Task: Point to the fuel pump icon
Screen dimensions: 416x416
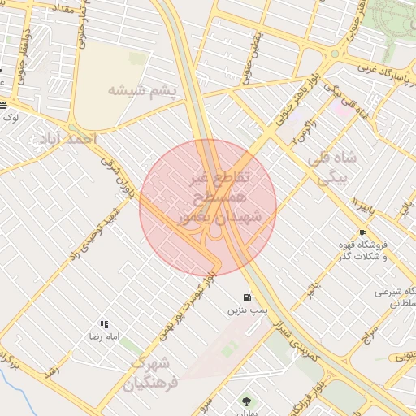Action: [x=246, y=297]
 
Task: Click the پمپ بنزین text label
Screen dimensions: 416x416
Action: [x=246, y=310]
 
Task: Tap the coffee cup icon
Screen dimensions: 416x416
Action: [x=362, y=232]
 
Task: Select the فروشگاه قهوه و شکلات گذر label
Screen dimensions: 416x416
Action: [x=362, y=250]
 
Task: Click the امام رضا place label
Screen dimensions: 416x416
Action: [x=104, y=336]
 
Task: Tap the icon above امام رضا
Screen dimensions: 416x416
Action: [x=104, y=323]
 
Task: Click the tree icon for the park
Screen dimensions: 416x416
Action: [x=246, y=401]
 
